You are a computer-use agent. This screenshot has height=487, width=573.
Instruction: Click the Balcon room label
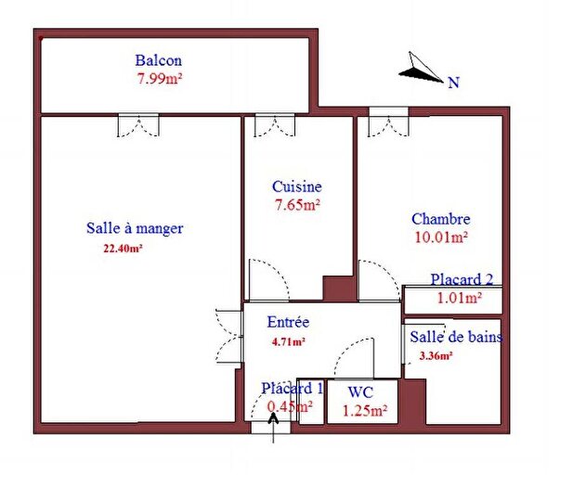click(158, 61)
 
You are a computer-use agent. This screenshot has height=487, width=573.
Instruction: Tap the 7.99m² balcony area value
click(159, 79)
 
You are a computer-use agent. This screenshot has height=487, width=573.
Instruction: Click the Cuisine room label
click(297, 186)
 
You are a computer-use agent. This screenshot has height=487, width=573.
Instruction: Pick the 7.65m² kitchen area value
click(297, 204)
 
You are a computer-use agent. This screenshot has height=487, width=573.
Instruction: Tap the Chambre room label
click(440, 219)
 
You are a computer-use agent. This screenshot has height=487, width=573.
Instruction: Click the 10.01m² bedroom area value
click(440, 237)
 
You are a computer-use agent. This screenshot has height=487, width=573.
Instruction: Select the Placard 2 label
click(462, 280)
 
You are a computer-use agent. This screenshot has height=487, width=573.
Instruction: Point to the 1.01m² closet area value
click(460, 298)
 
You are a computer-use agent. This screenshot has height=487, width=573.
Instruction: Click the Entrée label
click(288, 323)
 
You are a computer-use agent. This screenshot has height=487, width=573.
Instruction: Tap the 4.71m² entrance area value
click(288, 340)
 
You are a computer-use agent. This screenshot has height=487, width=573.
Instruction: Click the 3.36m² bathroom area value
click(436, 355)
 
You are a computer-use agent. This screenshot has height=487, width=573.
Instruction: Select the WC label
click(360, 393)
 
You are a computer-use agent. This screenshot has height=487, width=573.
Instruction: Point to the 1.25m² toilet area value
click(365, 410)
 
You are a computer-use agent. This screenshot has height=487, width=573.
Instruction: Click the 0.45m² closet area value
click(289, 405)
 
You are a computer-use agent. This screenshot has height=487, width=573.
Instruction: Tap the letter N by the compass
click(454, 83)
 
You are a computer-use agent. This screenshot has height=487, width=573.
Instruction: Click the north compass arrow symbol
click(422, 68)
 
